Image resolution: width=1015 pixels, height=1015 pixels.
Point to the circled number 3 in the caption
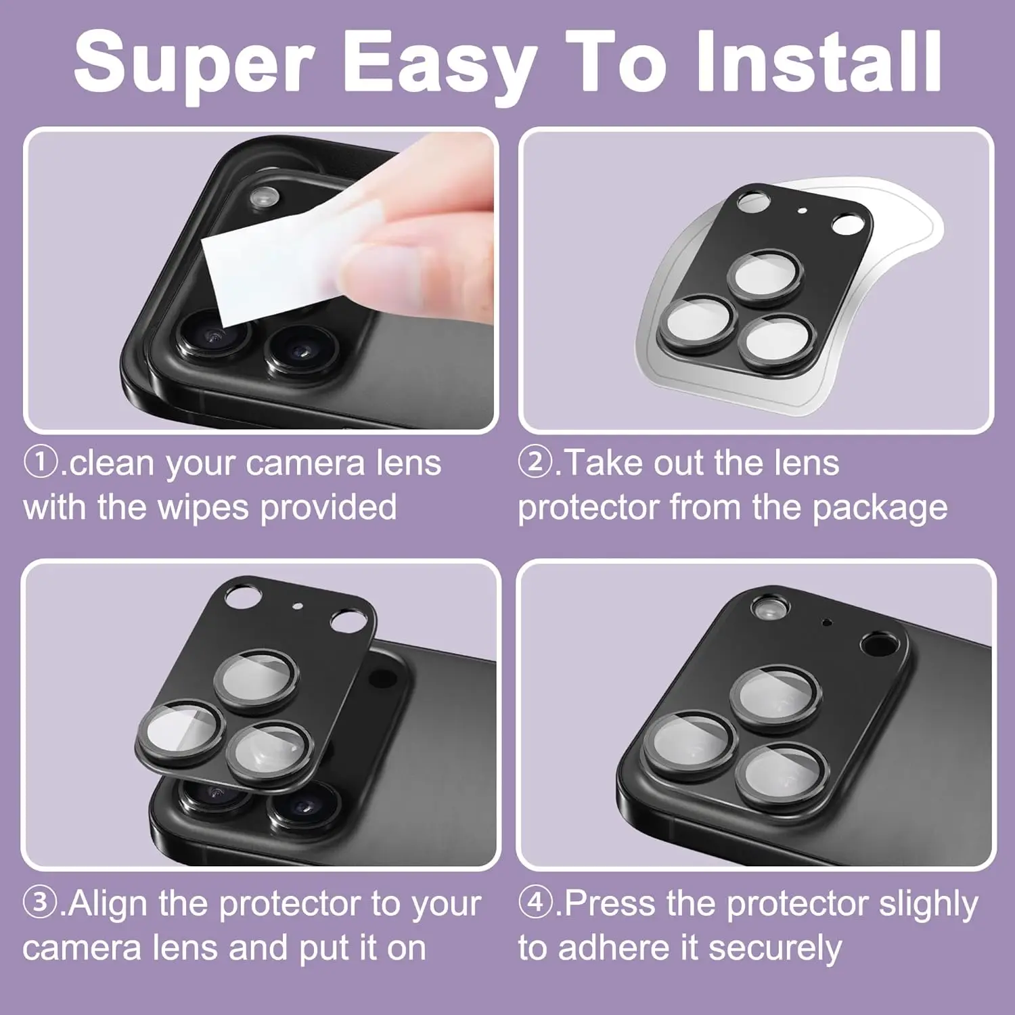tap(39, 903)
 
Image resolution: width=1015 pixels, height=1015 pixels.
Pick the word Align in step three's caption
tap(108, 905)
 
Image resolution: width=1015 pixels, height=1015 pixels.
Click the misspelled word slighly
tap(928, 905)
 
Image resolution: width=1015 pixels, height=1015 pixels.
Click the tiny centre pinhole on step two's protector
tap(803, 210)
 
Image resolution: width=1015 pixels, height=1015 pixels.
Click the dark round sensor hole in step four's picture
tap(878, 643)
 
